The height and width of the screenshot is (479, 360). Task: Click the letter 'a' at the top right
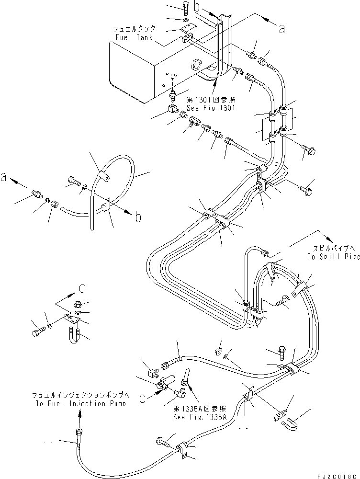pos(282,29)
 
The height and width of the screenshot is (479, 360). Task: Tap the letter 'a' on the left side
pos(4,177)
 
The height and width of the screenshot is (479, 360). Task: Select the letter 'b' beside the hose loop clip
pos(138,217)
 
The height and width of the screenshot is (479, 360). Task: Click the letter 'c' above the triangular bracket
pos(83,288)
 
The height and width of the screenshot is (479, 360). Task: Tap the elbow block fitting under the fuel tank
pos(172,110)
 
